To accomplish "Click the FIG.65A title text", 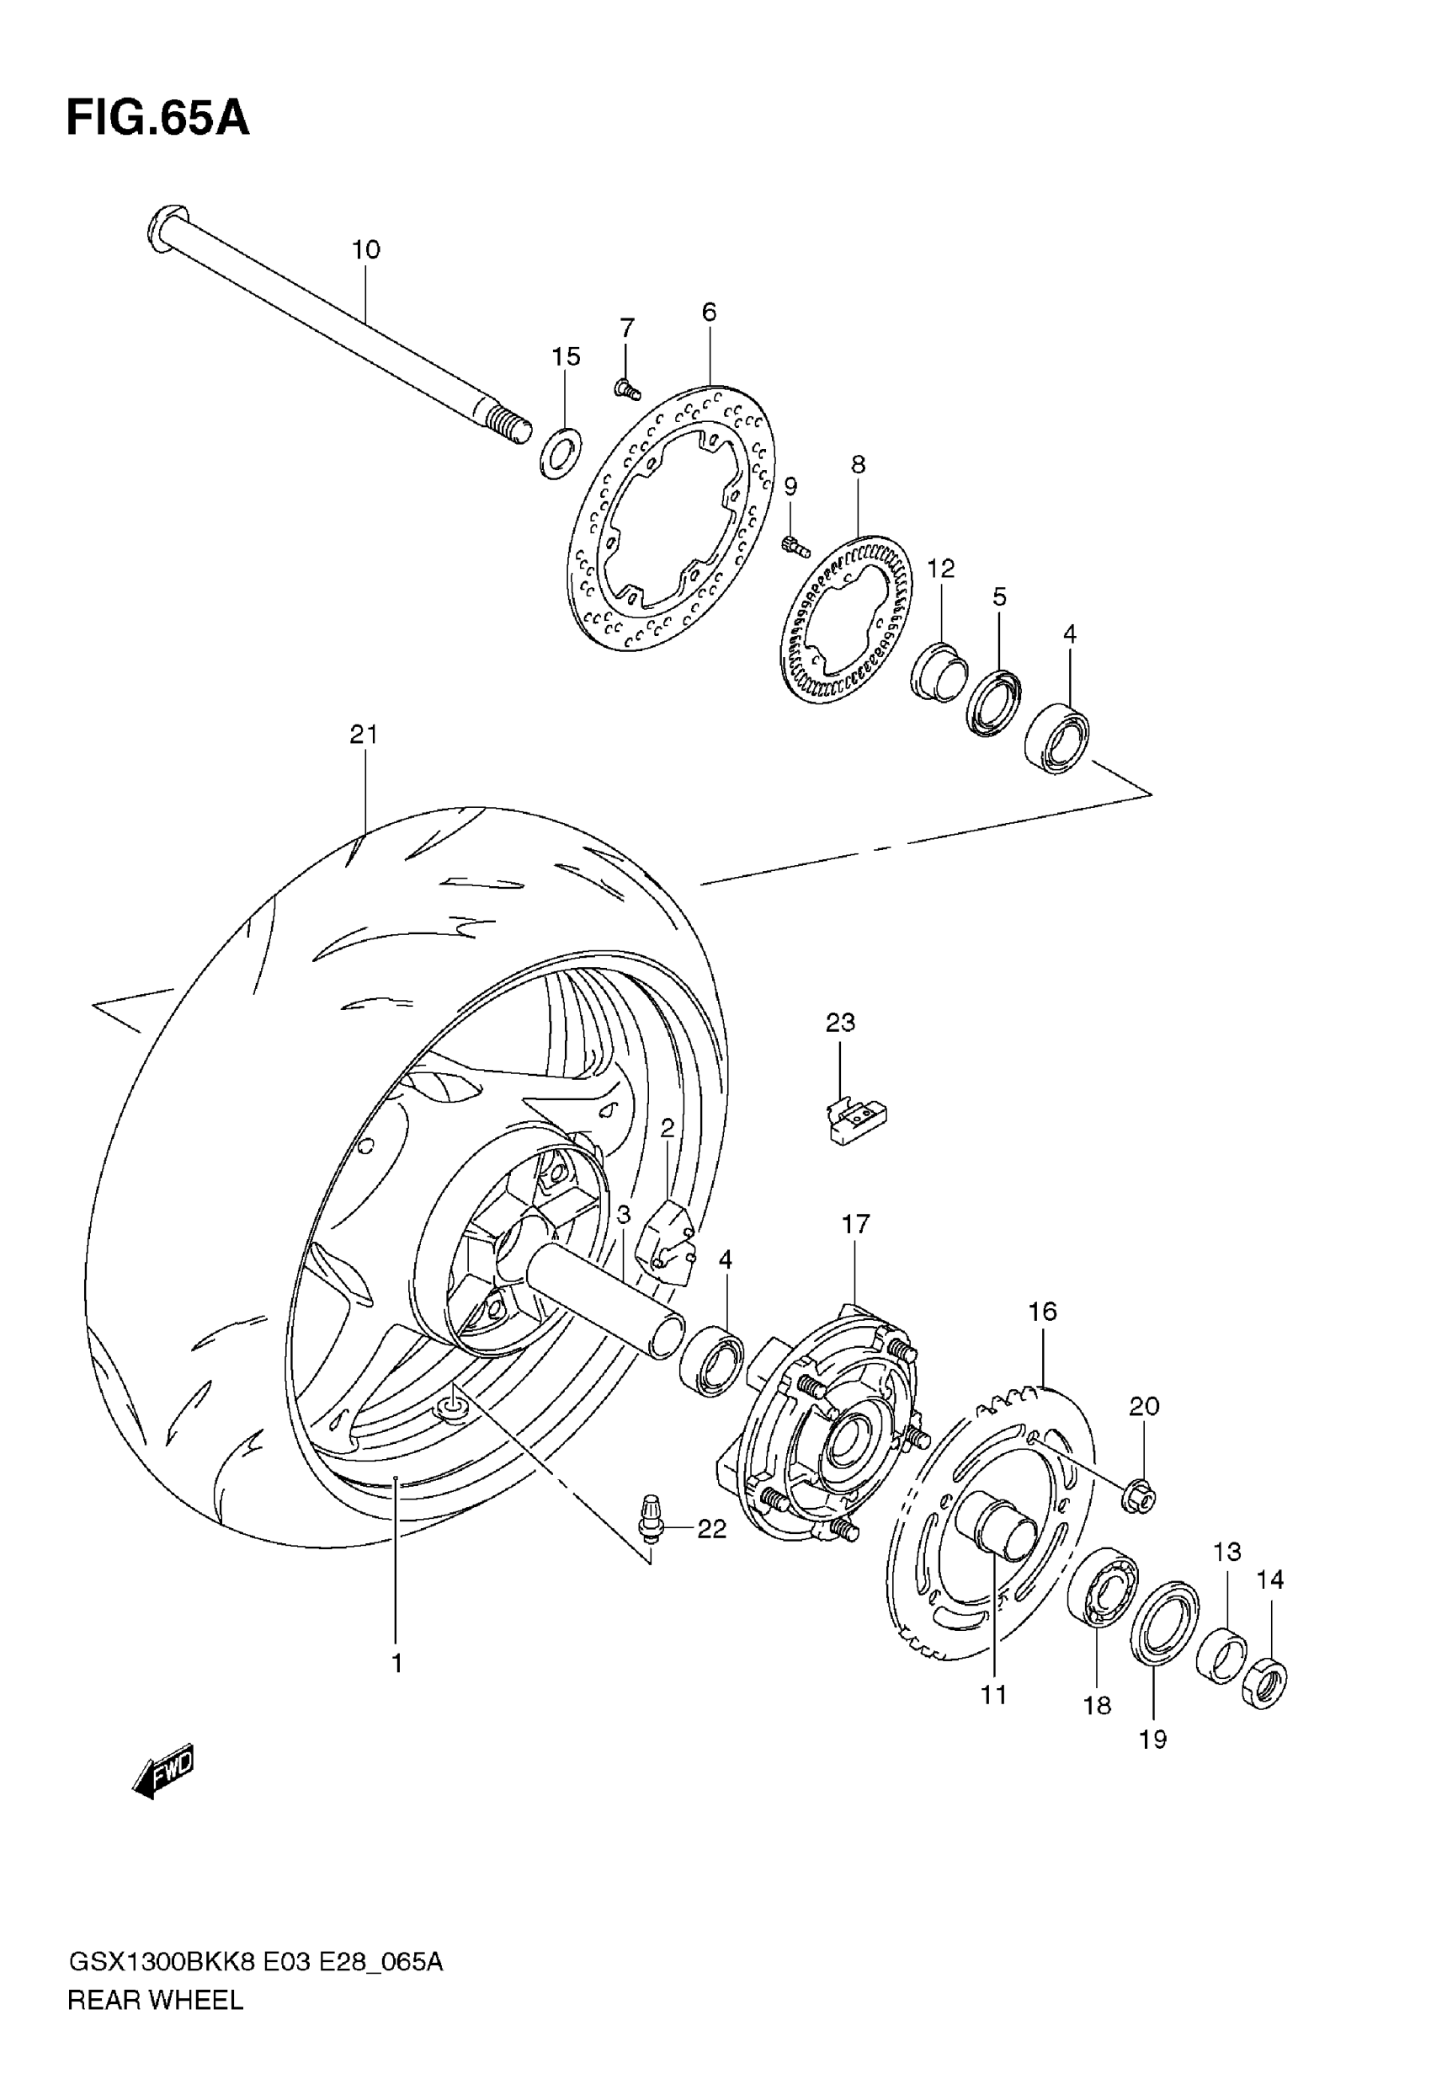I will (157, 120).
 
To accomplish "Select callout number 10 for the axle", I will (366, 249).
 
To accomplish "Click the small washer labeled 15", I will (561, 453).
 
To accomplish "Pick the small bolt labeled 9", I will (795, 544).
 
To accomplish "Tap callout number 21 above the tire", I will (363, 735).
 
